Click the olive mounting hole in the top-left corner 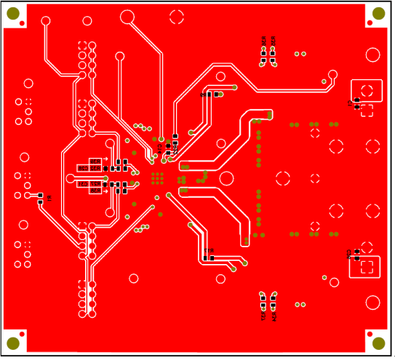coord(13,13)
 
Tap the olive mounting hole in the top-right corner coord(378,13)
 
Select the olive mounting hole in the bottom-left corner coord(13,343)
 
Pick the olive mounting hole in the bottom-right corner coord(378,343)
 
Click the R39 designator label coord(95,161)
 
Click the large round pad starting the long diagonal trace coord(127,16)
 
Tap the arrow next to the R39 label coord(105,161)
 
